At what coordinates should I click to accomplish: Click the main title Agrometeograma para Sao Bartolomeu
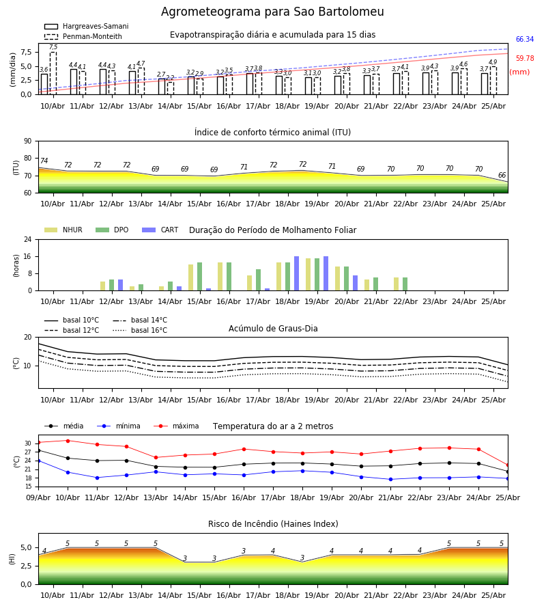tap(272, 12)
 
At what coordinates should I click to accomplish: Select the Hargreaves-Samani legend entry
tap(87, 26)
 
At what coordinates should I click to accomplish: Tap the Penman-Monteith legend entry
tap(83, 36)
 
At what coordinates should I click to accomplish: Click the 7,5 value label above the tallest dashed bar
tap(53, 47)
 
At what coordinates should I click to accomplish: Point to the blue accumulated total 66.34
tap(525, 39)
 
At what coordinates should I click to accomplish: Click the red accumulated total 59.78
tap(525, 59)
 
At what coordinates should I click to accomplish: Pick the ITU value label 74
tap(44, 161)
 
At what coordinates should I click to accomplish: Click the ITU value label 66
tap(502, 175)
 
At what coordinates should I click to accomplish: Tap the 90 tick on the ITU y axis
tap(28, 141)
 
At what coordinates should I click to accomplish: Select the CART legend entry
tap(160, 230)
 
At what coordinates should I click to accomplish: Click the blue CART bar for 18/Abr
tap(296, 273)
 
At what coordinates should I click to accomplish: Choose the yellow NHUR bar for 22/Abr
tap(397, 284)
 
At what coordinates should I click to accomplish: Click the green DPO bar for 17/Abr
tap(259, 280)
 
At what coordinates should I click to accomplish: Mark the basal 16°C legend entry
tap(140, 330)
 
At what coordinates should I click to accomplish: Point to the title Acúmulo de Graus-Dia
tap(273, 329)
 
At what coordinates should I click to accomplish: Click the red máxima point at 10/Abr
tap(68, 441)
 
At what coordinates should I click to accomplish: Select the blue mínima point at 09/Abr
tap(38, 461)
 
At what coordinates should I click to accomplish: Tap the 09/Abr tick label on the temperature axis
tap(38, 497)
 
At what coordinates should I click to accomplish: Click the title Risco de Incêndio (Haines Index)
tap(273, 524)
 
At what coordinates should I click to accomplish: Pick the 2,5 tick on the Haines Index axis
tap(26, 566)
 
